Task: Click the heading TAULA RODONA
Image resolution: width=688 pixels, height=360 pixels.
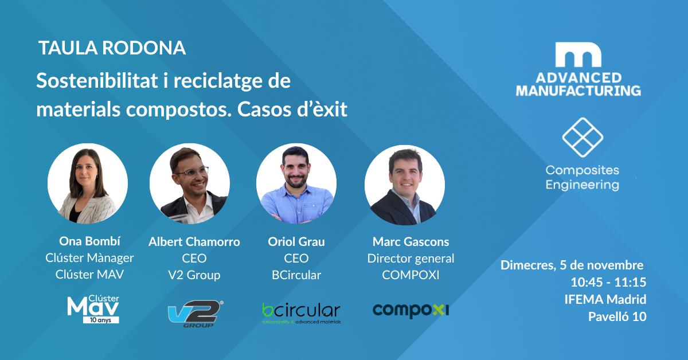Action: pos(112,48)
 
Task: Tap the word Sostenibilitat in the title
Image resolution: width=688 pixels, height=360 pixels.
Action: pos(97,81)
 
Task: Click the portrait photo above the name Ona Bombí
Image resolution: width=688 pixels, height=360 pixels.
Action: pos(88,183)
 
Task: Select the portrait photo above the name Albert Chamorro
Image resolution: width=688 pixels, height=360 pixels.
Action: pos(190,183)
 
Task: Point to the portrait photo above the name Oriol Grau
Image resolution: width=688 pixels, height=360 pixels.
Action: pos(296,183)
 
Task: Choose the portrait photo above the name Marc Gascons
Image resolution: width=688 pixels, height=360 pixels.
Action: pos(405,185)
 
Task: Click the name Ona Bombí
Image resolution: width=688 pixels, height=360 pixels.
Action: pos(89,241)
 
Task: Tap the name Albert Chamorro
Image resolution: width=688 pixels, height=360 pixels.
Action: pos(194,242)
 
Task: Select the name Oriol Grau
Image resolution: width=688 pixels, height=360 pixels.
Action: pos(296,242)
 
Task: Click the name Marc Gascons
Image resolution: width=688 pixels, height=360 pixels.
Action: pos(411,242)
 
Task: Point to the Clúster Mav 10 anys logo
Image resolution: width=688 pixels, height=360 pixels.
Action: pos(93,309)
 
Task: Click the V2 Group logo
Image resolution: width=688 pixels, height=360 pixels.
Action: pos(196,314)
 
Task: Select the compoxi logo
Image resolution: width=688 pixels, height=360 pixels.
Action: pos(411,311)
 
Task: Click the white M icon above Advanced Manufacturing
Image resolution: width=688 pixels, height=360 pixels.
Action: pos(578,54)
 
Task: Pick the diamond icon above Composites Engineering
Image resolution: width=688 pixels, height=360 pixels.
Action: pos(583,138)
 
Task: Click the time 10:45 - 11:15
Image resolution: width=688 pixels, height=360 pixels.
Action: pos(608,282)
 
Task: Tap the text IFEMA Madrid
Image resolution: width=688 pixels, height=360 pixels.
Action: pos(605,299)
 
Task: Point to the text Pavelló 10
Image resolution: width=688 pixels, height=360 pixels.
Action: pos(617,316)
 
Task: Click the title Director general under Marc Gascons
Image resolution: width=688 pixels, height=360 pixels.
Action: pos(411,259)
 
